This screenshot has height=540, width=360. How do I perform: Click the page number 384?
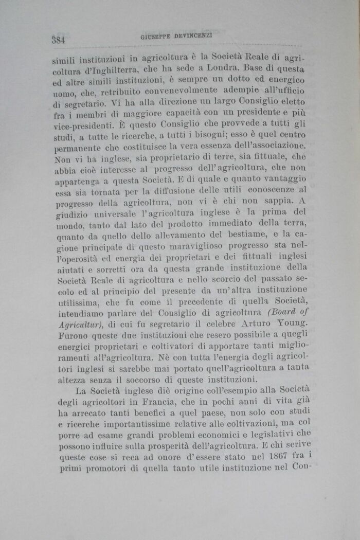(x=61, y=39)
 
